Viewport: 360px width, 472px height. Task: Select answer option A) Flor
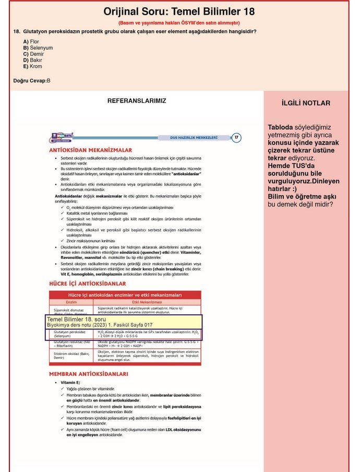(x=31, y=41)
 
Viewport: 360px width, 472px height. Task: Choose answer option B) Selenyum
(x=38, y=48)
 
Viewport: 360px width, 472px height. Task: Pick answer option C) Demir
(x=33, y=54)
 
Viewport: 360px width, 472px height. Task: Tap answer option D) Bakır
(x=33, y=60)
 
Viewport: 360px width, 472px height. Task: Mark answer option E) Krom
(x=32, y=66)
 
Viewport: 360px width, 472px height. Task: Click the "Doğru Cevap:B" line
(x=32, y=80)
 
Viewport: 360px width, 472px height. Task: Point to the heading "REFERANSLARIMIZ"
(x=137, y=101)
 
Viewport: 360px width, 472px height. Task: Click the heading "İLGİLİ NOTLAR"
(x=306, y=103)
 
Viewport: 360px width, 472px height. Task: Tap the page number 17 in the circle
(x=236, y=137)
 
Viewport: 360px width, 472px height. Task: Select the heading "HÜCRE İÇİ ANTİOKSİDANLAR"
(x=87, y=284)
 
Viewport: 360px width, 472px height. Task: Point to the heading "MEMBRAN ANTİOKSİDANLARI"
(x=88, y=374)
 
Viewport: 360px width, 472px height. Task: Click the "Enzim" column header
(x=71, y=302)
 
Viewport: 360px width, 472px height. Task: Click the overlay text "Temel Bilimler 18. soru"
(x=76, y=319)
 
